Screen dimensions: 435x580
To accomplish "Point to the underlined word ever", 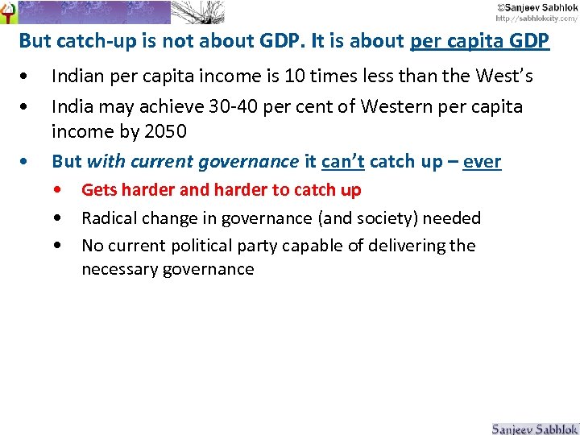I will (482, 161).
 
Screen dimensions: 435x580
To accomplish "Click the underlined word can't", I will (342, 161).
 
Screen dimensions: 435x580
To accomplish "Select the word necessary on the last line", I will (116, 270).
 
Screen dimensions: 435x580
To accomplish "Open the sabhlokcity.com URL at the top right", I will (536, 18).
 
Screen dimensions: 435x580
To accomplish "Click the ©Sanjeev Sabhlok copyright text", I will (536, 6).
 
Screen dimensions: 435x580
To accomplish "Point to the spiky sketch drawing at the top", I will (197, 11).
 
